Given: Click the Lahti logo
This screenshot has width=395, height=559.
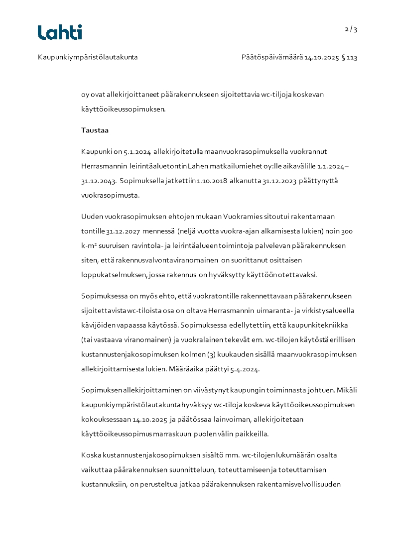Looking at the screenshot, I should tap(60, 32).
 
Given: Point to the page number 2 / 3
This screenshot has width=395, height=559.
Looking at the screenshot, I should tap(351, 29).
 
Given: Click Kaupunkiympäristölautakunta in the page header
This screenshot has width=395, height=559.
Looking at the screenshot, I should tap(88, 57).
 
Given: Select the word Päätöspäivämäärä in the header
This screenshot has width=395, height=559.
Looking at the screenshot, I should tap(272, 57).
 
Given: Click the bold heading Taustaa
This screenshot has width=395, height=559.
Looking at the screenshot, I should tap(95, 130).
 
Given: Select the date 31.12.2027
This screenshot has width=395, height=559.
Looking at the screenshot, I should tap(123, 231).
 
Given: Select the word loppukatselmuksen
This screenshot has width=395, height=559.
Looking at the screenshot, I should tap(111, 275).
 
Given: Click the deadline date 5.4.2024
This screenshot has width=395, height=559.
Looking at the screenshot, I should tap(251, 369).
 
